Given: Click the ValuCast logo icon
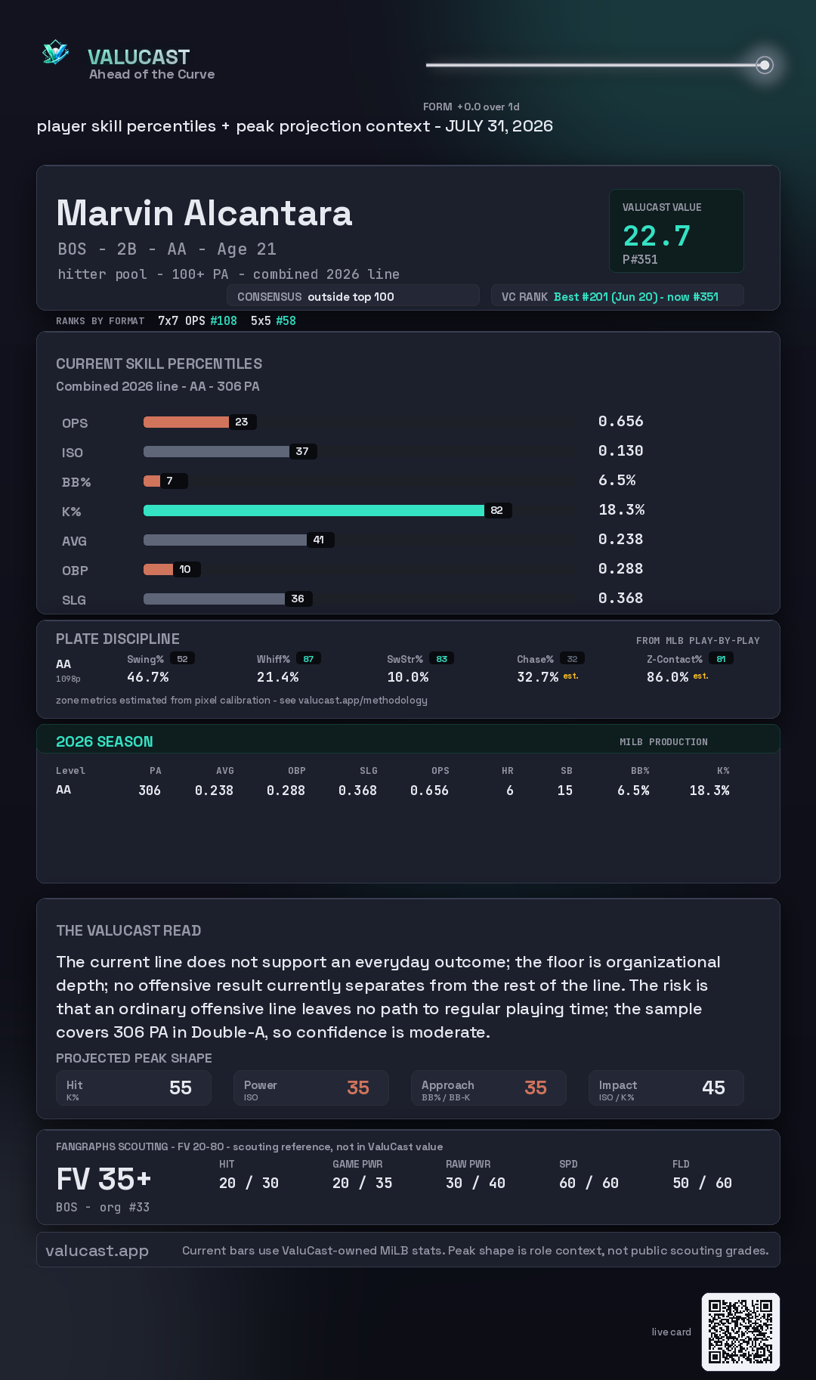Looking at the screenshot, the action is (x=55, y=52).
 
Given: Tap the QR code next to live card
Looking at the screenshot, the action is (x=740, y=1332).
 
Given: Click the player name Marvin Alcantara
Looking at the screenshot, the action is (x=204, y=213).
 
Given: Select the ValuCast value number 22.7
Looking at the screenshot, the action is (x=657, y=236).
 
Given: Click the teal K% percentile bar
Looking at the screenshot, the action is (x=314, y=510).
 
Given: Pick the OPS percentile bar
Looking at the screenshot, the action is (x=186, y=422).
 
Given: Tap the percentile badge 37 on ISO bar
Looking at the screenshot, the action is (x=302, y=451).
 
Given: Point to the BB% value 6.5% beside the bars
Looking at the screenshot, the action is (x=617, y=480).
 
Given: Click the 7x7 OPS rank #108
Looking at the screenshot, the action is (x=224, y=320).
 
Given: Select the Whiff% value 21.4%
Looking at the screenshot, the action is (x=277, y=677).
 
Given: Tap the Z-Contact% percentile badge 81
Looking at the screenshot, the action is (x=721, y=659).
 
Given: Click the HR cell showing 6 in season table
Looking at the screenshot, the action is (x=510, y=791).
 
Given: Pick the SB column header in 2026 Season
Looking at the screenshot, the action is (x=567, y=771).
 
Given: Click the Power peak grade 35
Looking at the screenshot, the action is (x=358, y=1088).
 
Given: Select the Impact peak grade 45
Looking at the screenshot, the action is (x=713, y=1088).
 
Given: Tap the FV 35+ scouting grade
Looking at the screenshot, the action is (x=104, y=1179).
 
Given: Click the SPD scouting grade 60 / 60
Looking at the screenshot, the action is (x=589, y=1183).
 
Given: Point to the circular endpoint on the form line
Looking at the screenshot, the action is (x=765, y=65).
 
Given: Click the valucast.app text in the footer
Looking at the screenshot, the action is (x=97, y=1251).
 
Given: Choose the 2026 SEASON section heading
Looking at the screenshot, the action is (x=104, y=741).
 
